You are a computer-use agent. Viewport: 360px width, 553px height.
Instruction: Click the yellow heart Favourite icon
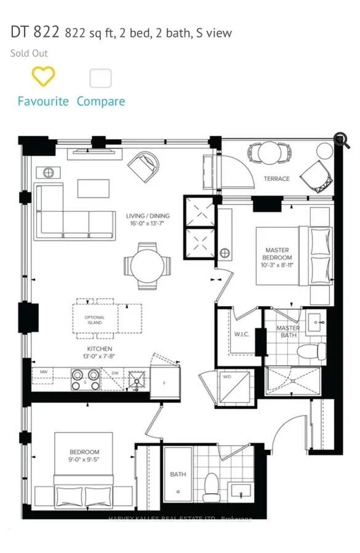tap(43, 77)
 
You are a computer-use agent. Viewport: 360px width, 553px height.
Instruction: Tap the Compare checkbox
tap(100, 78)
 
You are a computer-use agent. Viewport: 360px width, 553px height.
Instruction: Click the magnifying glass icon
tap(342, 141)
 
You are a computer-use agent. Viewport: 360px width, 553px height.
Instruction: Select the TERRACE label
tap(277, 179)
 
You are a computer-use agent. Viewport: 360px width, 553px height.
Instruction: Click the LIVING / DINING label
tap(148, 220)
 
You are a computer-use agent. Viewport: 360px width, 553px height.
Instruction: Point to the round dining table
tap(148, 265)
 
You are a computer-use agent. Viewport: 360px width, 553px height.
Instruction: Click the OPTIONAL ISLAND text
tap(95, 320)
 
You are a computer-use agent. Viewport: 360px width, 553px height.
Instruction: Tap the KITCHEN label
tap(99, 353)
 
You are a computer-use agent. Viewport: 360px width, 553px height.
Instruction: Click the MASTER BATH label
tap(288, 332)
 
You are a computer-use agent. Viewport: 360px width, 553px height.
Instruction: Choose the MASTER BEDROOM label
tap(277, 254)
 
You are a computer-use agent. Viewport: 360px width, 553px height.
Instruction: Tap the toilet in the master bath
tap(311, 352)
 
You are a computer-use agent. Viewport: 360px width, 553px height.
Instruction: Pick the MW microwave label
tap(44, 373)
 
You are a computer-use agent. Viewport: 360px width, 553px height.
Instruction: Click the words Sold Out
tap(29, 53)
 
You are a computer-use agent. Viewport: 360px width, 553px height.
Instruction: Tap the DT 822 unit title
tap(35, 33)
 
